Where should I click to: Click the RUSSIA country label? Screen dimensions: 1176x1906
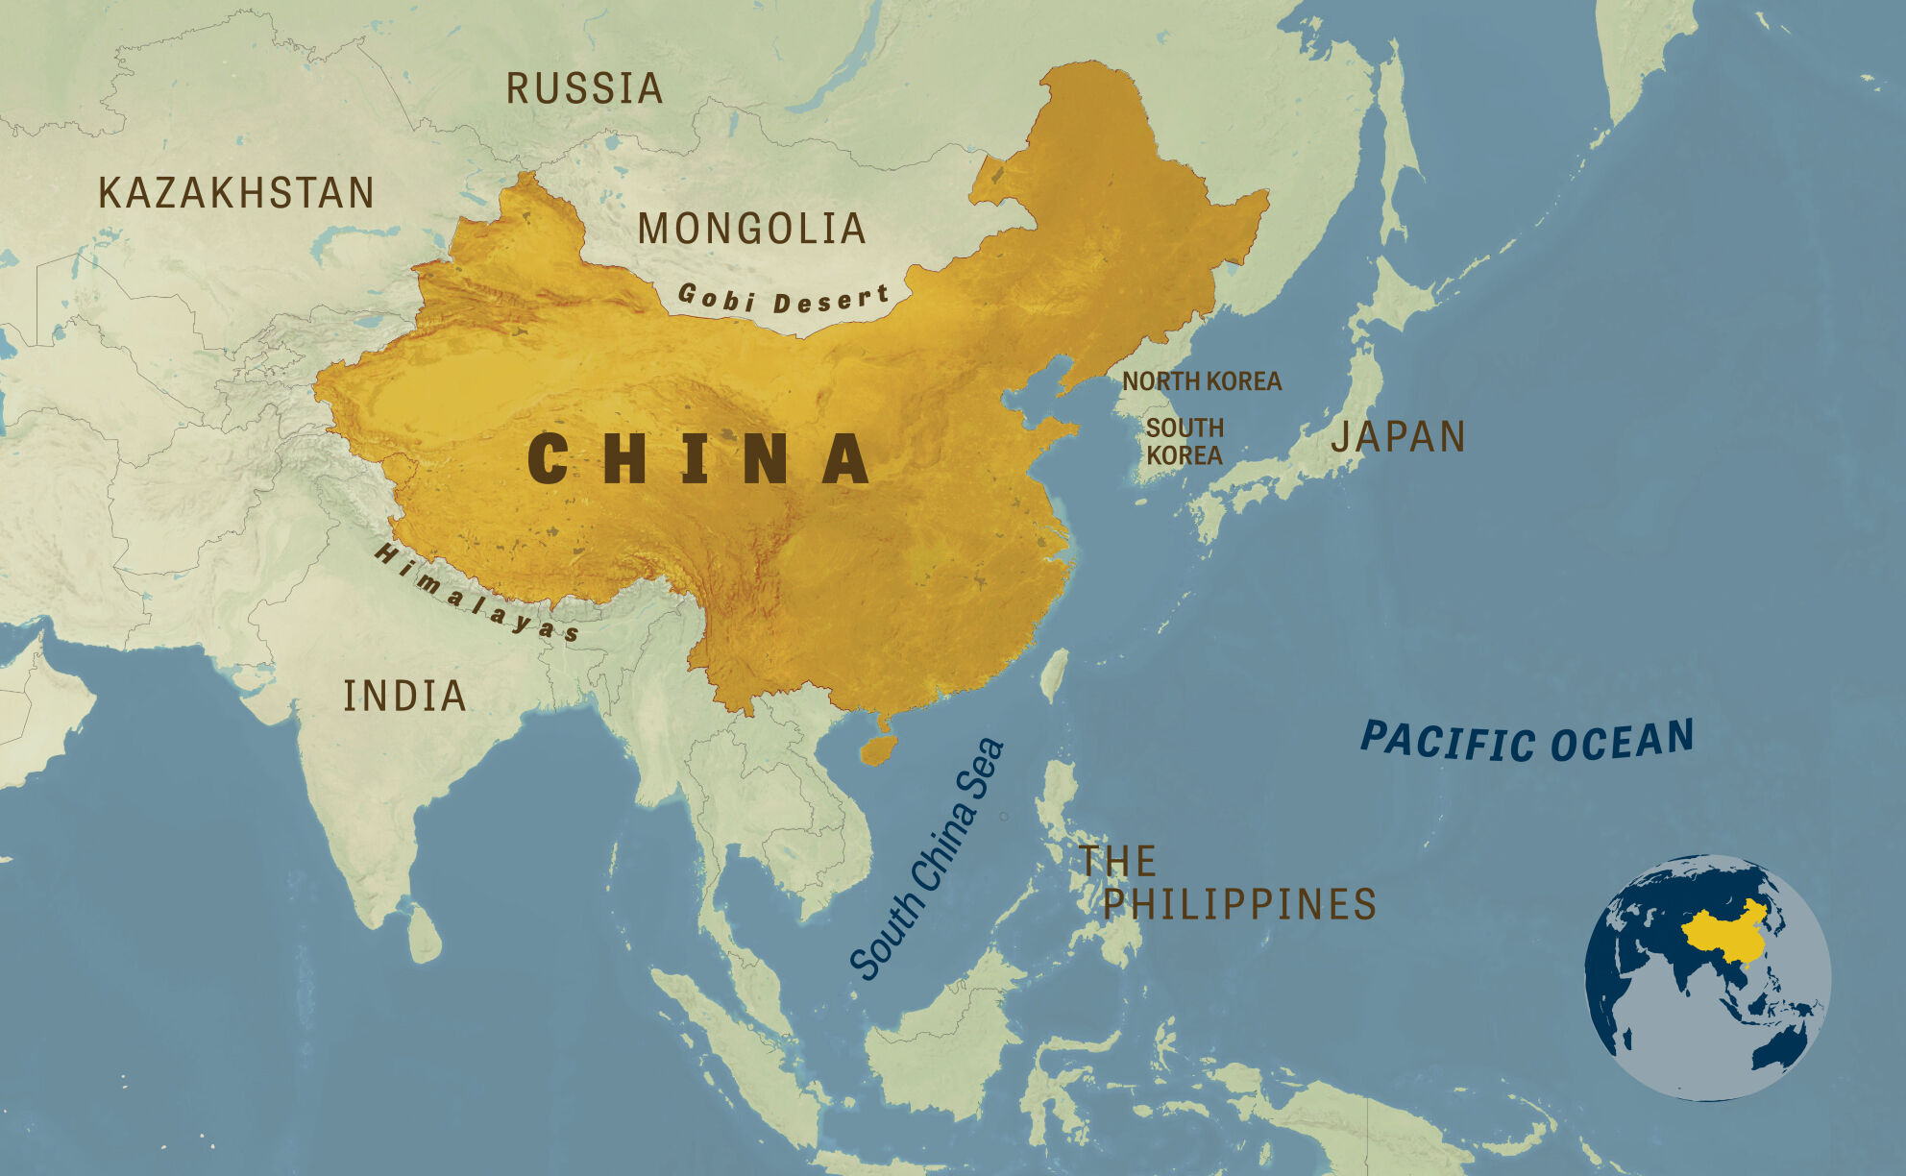(584, 88)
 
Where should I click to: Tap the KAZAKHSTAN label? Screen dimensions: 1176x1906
(236, 193)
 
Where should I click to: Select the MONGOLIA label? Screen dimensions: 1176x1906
(752, 229)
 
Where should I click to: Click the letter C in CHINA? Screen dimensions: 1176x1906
(549, 458)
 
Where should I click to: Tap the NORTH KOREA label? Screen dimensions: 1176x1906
(1201, 381)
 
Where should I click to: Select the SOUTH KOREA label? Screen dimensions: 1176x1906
(1184, 442)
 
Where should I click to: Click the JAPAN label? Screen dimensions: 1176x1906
(1398, 437)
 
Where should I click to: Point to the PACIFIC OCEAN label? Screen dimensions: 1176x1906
(1527, 742)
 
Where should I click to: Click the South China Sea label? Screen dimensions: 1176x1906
(927, 860)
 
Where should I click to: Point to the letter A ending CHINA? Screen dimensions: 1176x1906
(845, 458)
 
